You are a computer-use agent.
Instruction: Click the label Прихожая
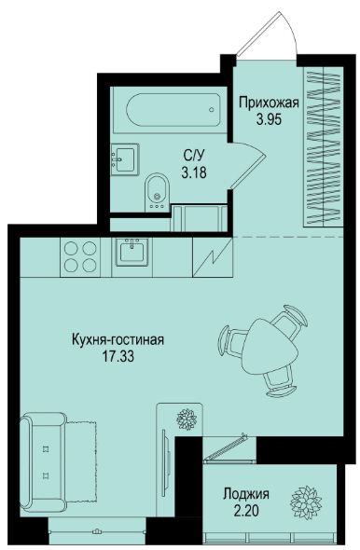pyautogui.click(x=269, y=103)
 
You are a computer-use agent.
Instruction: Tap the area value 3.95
pyautogui.click(x=269, y=120)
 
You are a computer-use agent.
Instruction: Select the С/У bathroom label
pyautogui.click(x=194, y=155)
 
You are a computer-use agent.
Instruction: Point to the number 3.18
pyautogui.click(x=194, y=172)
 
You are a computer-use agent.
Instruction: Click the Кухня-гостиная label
pyautogui.click(x=118, y=339)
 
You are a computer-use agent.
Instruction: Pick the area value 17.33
pyautogui.click(x=118, y=356)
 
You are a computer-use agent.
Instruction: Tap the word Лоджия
pyautogui.click(x=246, y=494)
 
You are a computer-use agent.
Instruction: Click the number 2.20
pyautogui.click(x=246, y=511)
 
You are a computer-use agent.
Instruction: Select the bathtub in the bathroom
pyautogui.click(x=173, y=109)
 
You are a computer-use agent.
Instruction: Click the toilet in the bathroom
pyautogui.click(x=158, y=192)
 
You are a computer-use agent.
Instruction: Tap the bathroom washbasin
pyautogui.click(x=125, y=159)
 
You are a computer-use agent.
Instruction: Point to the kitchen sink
pyautogui.click(x=132, y=252)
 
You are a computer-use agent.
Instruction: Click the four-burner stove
pyautogui.click(x=80, y=257)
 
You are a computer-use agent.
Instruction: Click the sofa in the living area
pyautogui.click(x=44, y=462)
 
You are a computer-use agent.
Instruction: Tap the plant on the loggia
pyautogui.click(x=306, y=502)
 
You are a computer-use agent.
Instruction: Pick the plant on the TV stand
pyautogui.click(x=187, y=419)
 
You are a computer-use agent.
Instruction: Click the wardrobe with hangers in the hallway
pyautogui.click(x=323, y=146)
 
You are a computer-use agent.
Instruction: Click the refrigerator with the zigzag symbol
pyautogui.click(x=213, y=257)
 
